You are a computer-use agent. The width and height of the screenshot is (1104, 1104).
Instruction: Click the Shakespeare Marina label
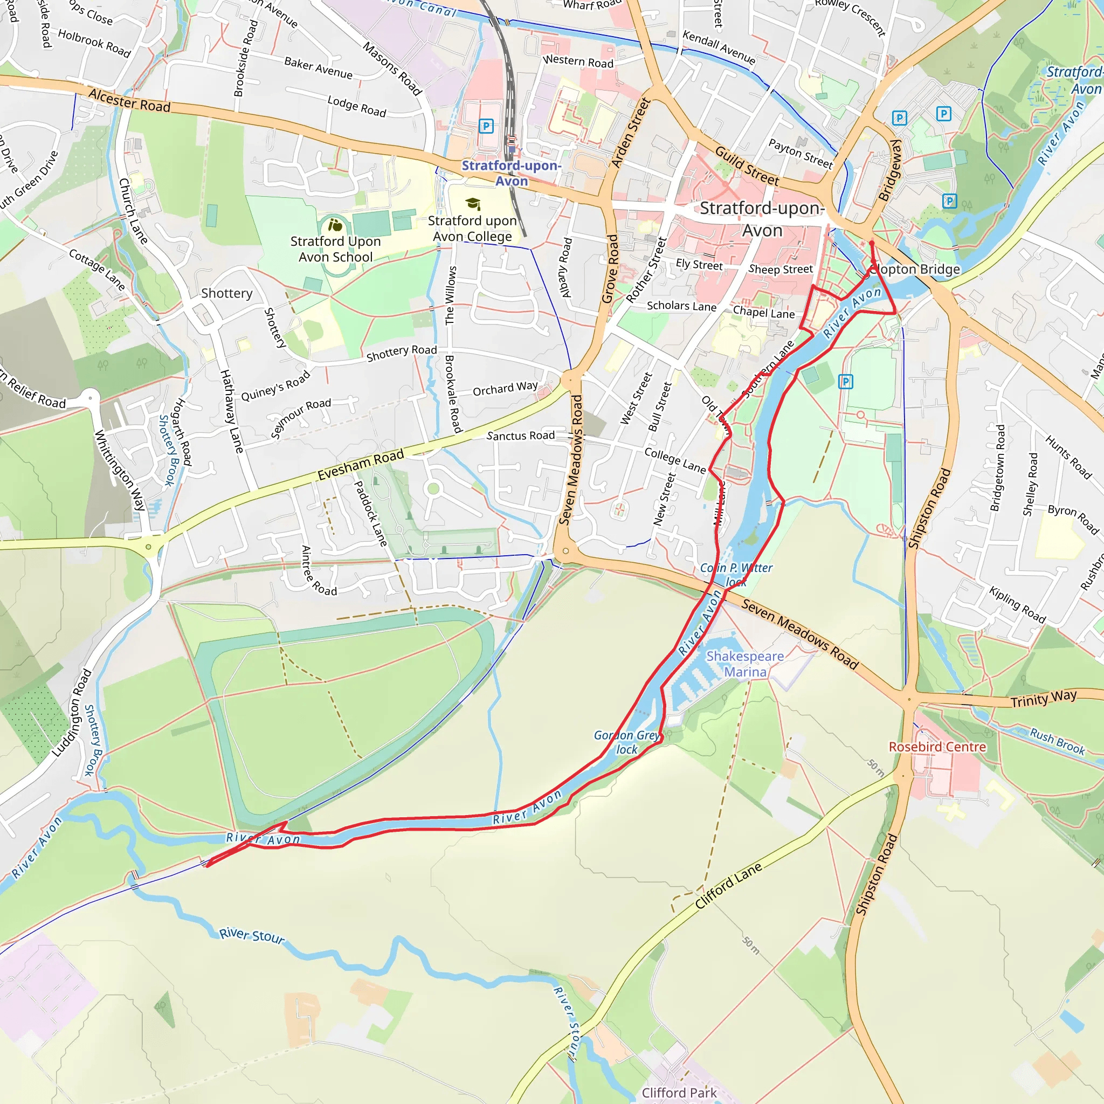744,664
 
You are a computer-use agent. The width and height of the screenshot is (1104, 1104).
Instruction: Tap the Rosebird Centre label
937,747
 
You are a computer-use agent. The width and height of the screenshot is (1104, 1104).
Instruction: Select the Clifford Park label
679,1093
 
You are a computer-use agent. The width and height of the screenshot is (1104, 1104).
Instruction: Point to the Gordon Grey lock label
627,742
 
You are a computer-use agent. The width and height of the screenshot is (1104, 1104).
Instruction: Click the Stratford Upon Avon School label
335,249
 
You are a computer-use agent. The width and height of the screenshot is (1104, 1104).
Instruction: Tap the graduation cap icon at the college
473,204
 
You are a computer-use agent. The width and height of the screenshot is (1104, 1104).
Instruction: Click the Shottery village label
226,293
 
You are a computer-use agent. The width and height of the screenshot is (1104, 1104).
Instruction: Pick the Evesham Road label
361,465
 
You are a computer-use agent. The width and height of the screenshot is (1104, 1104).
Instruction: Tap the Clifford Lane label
729,885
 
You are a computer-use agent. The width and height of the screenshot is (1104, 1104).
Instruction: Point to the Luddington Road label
72,713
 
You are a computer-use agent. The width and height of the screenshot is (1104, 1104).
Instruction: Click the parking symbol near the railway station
486,126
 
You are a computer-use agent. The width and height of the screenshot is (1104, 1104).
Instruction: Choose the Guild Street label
747,165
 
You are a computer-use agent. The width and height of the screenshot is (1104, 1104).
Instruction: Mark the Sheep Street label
781,269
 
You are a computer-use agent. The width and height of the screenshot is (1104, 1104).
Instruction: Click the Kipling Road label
1017,605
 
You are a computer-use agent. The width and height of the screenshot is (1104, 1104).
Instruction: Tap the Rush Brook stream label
1057,741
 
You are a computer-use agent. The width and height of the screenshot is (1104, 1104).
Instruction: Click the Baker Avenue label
318,68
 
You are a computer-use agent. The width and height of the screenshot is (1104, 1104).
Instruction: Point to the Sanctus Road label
521,436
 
